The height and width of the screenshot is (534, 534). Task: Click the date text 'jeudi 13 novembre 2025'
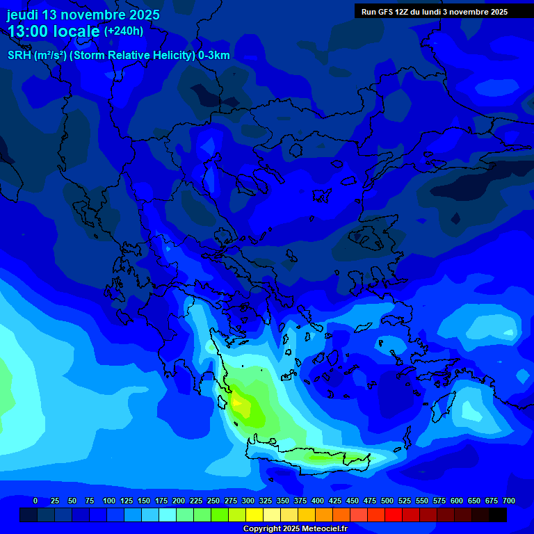pyautogui.click(x=83, y=15)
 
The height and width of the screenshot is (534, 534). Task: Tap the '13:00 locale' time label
pyautogui.click(x=54, y=32)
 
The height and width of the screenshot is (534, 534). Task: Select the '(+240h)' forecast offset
pyautogui.click(x=124, y=31)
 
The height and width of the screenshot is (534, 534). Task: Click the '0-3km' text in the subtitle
pyautogui.click(x=213, y=56)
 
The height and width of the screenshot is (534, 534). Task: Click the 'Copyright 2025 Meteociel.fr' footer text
pyautogui.click(x=295, y=529)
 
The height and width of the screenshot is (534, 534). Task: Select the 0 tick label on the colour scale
pyautogui.click(x=35, y=501)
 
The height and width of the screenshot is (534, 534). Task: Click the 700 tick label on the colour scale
pyautogui.click(x=508, y=501)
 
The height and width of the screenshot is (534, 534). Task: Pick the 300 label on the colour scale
pyautogui.click(x=248, y=501)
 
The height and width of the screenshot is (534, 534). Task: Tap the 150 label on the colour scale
pyautogui.click(x=144, y=501)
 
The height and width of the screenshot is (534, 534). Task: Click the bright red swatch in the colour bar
pyautogui.click(x=394, y=515)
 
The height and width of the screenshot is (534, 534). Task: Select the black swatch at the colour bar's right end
pyautogui.click(x=498, y=515)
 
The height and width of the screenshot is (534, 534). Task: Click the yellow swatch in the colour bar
pyautogui.click(x=254, y=515)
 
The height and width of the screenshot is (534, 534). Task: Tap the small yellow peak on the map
pyautogui.click(x=237, y=402)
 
